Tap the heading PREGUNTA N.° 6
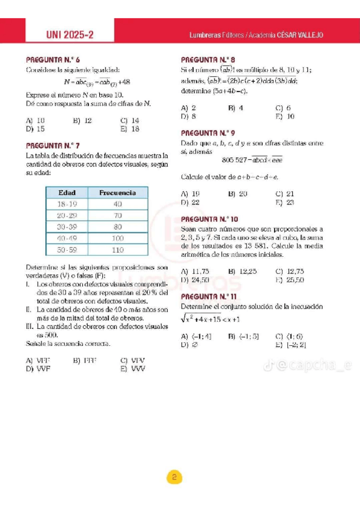click(x=53, y=60)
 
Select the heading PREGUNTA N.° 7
click(x=53, y=146)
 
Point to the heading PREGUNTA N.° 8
click(x=208, y=60)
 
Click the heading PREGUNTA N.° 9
click(x=208, y=132)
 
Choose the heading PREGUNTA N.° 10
click(x=209, y=220)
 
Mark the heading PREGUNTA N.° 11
click(x=209, y=297)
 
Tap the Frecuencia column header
click(x=118, y=193)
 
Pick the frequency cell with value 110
click(x=118, y=249)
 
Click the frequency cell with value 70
click(x=118, y=215)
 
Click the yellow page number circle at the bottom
click(x=173, y=478)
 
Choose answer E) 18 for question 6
click(x=130, y=129)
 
